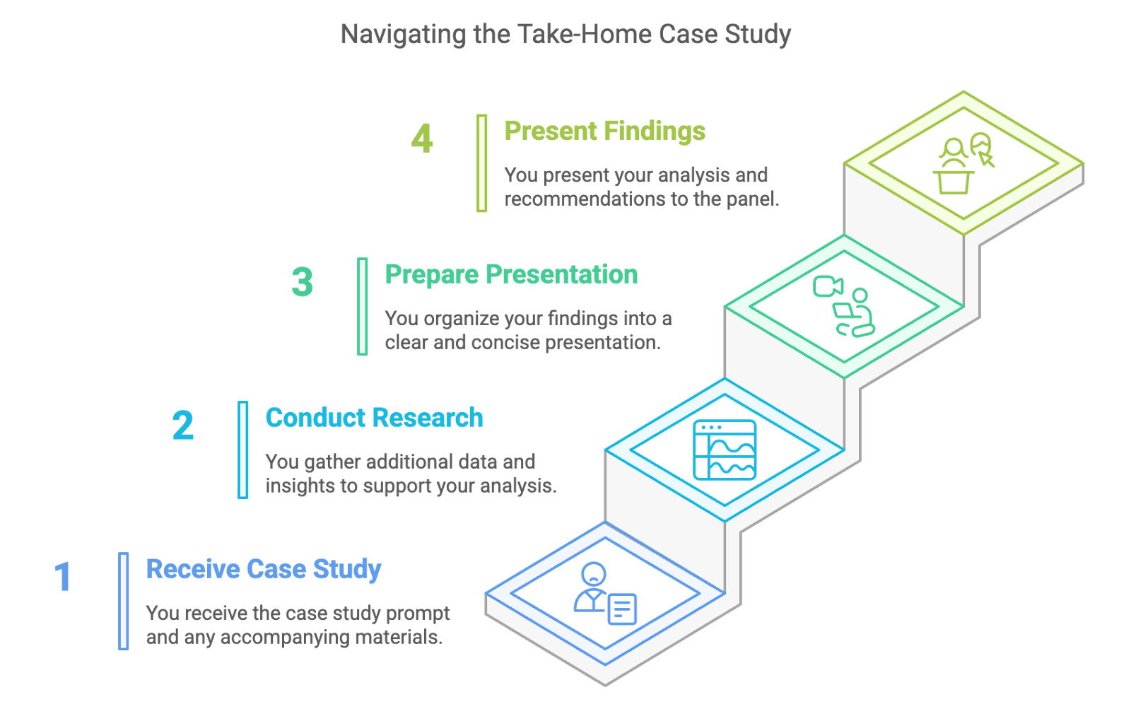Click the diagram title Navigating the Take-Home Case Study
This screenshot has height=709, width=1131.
pos(565,35)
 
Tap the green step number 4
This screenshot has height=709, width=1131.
pos(422,139)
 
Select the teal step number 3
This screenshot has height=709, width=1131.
pos(302,282)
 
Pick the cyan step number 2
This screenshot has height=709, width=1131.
pos(183,426)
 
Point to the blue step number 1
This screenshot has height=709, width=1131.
pos(63,576)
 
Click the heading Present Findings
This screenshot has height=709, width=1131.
pos(605,131)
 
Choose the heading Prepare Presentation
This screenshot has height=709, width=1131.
pos(511,275)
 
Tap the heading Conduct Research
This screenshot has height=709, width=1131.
pos(374,418)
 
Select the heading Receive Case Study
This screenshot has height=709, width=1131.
pos(264,570)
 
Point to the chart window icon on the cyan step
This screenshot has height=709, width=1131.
pos(725,450)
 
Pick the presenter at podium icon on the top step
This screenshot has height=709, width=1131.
pos(963,163)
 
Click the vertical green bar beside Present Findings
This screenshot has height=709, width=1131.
pos(481,163)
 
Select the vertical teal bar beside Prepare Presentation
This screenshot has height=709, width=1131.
pos(362,307)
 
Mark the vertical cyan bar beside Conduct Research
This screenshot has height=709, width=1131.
pos(243,450)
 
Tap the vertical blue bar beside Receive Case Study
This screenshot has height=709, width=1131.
pos(123,601)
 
